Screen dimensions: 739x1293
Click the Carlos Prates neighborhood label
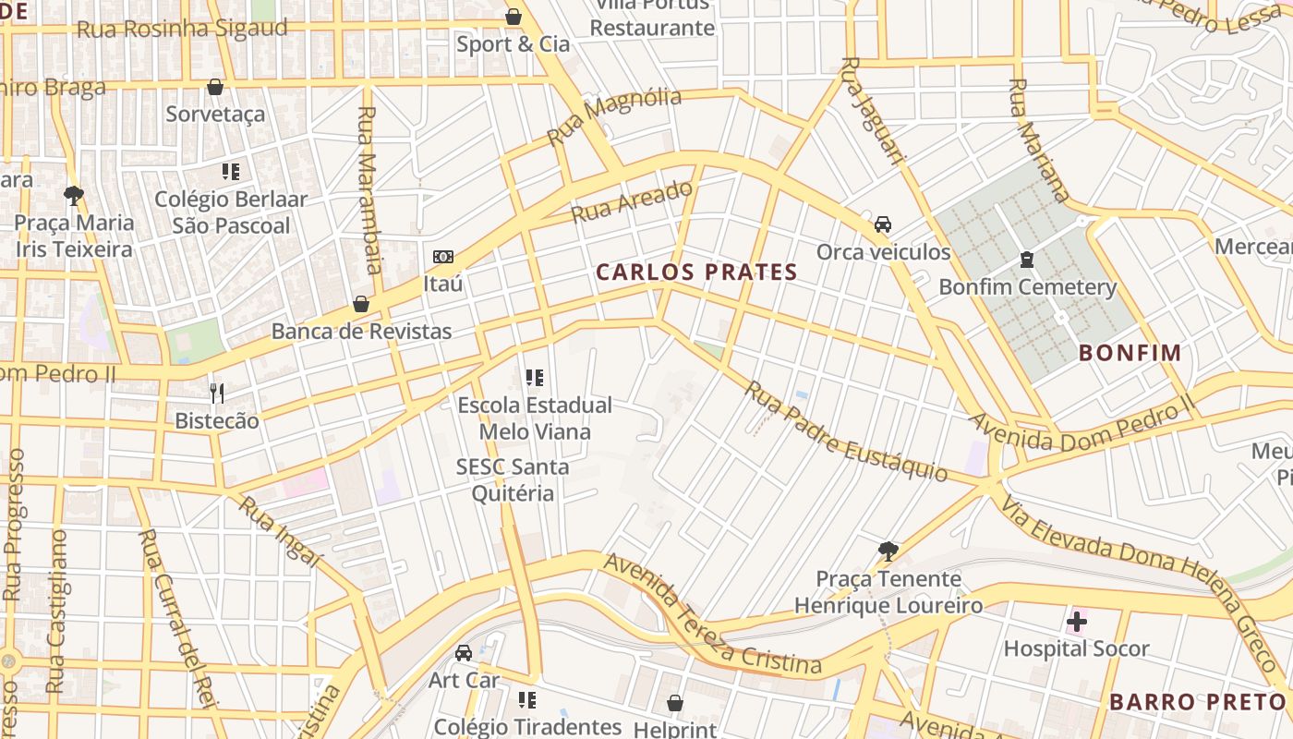tap(696, 272)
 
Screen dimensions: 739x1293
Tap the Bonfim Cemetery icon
tap(1026, 260)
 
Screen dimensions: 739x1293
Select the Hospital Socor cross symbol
tap(1076, 622)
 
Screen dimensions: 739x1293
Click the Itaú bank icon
tap(443, 257)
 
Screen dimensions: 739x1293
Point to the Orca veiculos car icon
tap(883, 224)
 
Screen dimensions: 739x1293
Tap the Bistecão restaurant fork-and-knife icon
tap(217, 394)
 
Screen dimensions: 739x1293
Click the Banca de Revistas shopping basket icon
tap(361, 304)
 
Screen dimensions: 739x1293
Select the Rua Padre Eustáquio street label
tap(846, 432)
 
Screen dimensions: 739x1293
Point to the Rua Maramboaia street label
tap(368, 190)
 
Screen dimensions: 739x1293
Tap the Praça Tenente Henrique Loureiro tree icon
tap(888, 551)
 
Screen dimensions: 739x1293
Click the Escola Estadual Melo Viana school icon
tap(534, 378)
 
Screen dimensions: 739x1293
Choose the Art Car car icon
tap(464, 653)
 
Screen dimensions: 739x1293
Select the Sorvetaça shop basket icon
tap(215, 87)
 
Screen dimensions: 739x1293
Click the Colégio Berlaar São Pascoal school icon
tap(231, 171)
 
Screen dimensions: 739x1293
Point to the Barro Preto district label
tap(1196, 701)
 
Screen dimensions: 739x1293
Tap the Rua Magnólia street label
tap(614, 116)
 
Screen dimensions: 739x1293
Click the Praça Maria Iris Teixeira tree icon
tap(74, 195)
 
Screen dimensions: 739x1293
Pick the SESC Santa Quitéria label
tap(513, 479)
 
